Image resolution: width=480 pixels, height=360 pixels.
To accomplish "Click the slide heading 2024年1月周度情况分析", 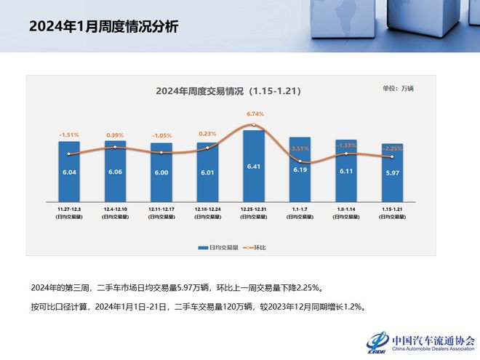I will pyautogui.click(x=103, y=27).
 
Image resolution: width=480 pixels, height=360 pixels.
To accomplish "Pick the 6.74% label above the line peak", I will pyautogui.click(x=255, y=114).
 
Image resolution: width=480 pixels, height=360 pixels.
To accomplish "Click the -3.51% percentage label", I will pyautogui.click(x=299, y=149).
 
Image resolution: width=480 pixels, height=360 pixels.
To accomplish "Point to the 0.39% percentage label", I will pyautogui.click(x=115, y=135).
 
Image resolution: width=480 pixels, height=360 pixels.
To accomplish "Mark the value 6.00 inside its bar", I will pyautogui.click(x=161, y=172).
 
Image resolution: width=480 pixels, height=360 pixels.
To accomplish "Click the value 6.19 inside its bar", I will pyautogui.click(x=300, y=169).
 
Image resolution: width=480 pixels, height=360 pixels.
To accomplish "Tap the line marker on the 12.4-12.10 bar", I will pyautogui.click(x=115, y=147).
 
